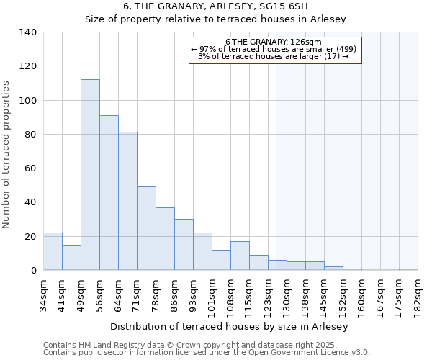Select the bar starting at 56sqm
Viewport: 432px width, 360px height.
coord(109,193)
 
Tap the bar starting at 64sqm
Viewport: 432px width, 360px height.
coord(127,201)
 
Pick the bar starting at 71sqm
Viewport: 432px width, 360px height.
coord(146,228)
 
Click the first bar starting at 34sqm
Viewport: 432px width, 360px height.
coord(53,251)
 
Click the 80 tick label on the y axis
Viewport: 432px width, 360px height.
coord(30,135)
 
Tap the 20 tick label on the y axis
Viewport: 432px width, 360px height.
coord(30,237)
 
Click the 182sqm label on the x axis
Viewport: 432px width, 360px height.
coord(418,295)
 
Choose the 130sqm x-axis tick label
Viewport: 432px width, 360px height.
coord(287,295)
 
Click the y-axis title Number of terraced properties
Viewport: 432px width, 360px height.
coord(7,155)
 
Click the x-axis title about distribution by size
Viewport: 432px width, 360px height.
coord(230,326)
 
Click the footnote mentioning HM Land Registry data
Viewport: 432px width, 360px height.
coord(206,345)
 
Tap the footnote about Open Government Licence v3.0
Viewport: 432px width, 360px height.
coord(206,353)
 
